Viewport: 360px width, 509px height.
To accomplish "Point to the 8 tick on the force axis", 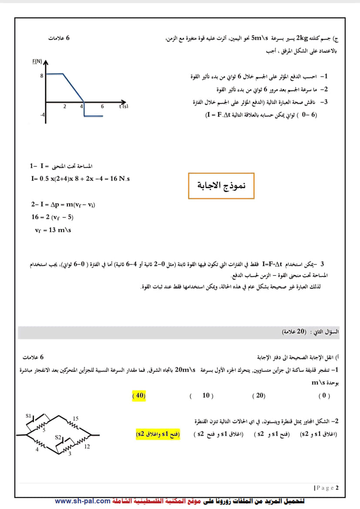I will [42, 75].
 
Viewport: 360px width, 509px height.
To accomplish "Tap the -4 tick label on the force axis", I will [42, 115].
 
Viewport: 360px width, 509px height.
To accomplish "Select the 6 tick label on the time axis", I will [102, 106].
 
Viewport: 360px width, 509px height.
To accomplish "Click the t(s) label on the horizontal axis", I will [123, 106].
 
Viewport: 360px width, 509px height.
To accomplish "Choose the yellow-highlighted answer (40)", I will [138, 395].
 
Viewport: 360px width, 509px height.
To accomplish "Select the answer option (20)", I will [259, 395].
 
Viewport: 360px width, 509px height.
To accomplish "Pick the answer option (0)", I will [324, 395].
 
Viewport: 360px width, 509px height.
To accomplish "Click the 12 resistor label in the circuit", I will [87, 447].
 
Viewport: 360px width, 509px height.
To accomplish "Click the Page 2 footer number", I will [326, 487].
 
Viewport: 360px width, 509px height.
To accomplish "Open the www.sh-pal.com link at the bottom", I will [83, 501].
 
